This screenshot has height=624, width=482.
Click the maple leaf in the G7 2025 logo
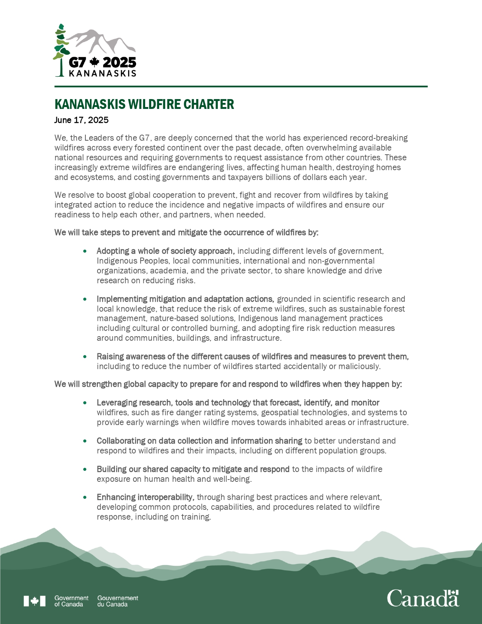[x=95, y=62]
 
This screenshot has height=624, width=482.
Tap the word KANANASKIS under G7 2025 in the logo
[x=102, y=73]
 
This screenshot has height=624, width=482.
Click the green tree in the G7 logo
[x=60, y=49]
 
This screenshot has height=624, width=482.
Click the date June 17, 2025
[x=81, y=120]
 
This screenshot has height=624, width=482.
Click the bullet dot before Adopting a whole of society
[x=85, y=251]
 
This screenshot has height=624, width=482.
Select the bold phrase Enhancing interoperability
[x=145, y=497]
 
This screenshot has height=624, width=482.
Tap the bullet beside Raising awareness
[x=85, y=357]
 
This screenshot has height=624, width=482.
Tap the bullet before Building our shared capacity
[x=85, y=469]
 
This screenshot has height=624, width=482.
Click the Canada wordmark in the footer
[x=423, y=598]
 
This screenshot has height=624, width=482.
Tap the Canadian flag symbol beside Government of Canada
[x=34, y=601]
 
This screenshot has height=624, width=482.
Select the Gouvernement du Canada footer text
[x=118, y=601]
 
